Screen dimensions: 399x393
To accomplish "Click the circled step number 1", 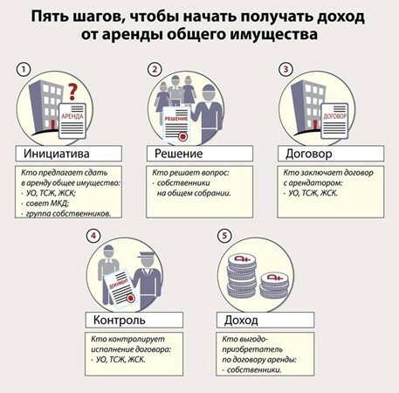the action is click(x=24, y=70).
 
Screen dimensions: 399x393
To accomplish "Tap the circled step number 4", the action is click(x=93, y=236).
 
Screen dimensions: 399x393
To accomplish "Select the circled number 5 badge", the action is click(x=224, y=236).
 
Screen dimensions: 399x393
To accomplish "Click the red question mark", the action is click(x=72, y=92).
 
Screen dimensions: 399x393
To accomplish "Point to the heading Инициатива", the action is click(x=57, y=154).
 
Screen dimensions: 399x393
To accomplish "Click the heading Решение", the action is click(x=178, y=154).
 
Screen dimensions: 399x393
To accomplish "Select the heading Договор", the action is click(x=309, y=154).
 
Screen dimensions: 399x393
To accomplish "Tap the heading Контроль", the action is click(x=120, y=320).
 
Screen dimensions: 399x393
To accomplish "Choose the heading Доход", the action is click(x=241, y=321).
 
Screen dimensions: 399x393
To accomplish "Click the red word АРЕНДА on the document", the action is click(x=72, y=116).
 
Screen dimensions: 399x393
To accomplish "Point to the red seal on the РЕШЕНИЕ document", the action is click(x=182, y=136).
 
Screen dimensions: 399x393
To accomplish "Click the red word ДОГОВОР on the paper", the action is click(x=334, y=116).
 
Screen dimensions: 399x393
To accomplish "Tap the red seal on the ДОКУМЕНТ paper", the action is click(x=131, y=298).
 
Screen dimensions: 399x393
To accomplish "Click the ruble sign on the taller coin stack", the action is click(x=242, y=259).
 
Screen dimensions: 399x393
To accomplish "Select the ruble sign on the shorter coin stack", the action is click(x=275, y=277).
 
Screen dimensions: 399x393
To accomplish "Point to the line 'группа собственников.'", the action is click(x=68, y=214).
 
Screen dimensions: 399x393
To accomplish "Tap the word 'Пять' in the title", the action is click(x=48, y=17).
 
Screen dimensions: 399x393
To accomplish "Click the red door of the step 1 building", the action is click(x=52, y=125).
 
